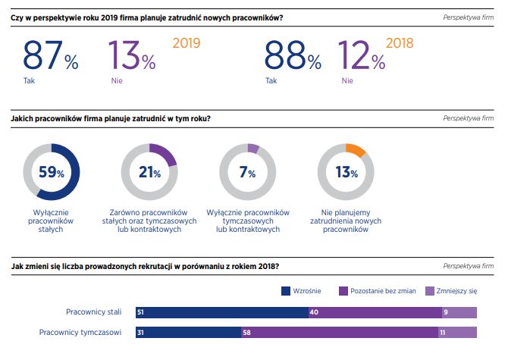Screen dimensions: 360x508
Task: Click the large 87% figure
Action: click(x=50, y=56)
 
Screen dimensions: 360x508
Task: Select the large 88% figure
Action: click(x=293, y=56)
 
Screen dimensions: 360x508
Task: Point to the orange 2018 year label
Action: click(x=399, y=43)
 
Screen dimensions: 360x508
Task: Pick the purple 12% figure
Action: click(x=368, y=56)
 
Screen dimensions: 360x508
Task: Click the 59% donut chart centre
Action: click(x=52, y=172)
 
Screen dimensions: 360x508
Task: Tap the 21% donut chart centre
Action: click(x=149, y=172)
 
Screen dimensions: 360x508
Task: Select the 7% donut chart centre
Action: click(x=247, y=172)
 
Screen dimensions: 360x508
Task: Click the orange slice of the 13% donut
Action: click(x=354, y=149)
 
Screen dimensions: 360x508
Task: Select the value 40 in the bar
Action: click(x=313, y=312)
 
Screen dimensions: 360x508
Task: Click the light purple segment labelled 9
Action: click(x=459, y=312)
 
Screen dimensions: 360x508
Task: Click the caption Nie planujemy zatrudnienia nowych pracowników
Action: click(x=346, y=221)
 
